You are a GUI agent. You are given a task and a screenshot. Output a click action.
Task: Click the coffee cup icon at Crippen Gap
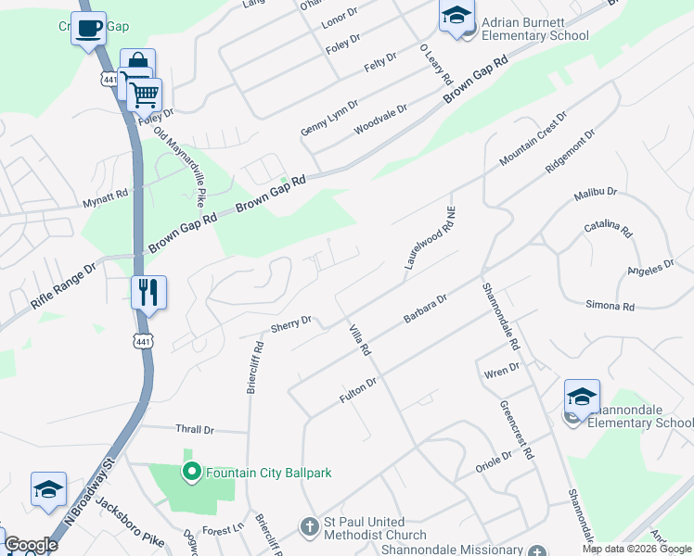[88, 29]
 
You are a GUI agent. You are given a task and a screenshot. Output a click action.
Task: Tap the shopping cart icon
[144, 94]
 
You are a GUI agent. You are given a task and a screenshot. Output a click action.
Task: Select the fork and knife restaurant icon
[148, 292]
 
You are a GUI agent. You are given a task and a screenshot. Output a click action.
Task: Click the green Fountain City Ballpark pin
[192, 473]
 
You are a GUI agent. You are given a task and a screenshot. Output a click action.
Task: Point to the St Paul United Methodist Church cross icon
[310, 527]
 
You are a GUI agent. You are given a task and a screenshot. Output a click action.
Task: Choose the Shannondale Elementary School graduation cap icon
[582, 397]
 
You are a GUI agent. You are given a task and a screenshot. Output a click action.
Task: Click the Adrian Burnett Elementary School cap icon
[456, 16]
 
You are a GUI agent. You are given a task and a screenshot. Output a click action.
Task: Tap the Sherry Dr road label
[290, 324]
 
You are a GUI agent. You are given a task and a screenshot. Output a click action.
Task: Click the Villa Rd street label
[359, 339]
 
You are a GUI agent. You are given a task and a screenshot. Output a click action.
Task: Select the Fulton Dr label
[357, 389]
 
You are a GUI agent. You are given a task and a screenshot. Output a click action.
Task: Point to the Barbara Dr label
[426, 309]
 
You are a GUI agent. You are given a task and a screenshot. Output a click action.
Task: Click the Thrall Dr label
[195, 430]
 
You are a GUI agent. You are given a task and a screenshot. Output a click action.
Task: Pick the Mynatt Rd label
[105, 197]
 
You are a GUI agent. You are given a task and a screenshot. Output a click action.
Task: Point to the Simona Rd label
[610, 306]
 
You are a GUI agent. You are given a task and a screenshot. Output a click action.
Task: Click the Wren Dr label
[501, 371]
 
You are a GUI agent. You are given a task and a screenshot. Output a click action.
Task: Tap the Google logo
[31, 545]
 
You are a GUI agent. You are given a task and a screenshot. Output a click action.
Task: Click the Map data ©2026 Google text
[636, 549]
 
